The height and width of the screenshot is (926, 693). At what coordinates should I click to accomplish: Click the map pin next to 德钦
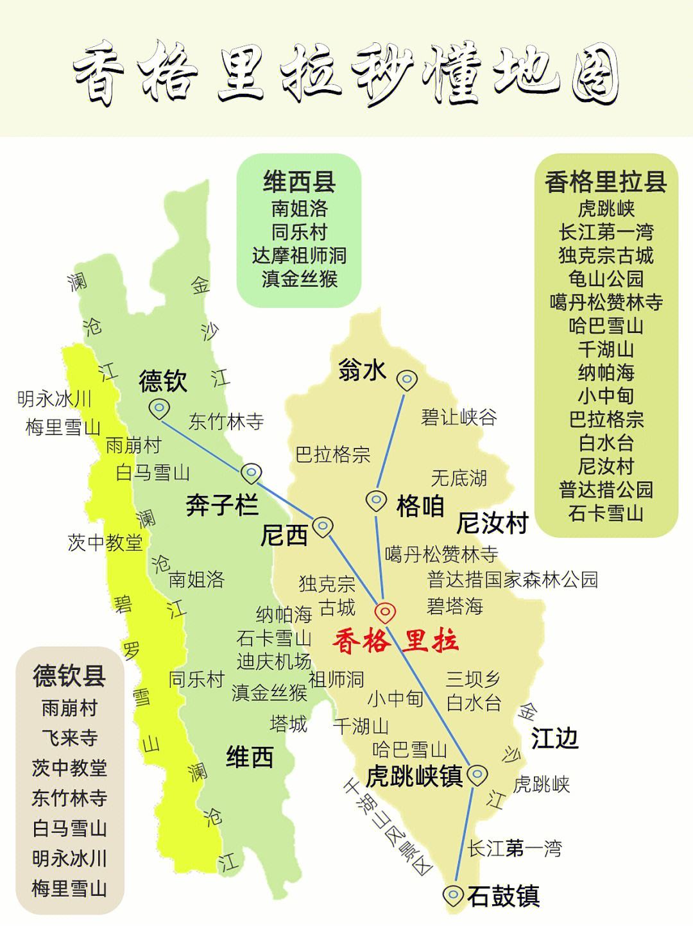[x=158, y=407]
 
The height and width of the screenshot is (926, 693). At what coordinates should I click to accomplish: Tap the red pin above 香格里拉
[x=384, y=612]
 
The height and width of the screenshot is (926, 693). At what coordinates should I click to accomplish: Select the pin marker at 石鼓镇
[x=454, y=894]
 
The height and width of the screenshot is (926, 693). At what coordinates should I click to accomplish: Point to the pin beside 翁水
[x=406, y=380]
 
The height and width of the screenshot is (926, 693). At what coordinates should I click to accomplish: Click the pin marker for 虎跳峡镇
[x=476, y=775]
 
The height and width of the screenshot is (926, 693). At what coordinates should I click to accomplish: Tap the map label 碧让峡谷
[x=459, y=417]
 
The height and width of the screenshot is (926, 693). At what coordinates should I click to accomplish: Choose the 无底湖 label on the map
[x=459, y=477]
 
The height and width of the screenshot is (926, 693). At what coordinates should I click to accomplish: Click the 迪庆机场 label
[x=274, y=662]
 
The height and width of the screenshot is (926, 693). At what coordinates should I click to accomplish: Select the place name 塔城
[x=289, y=724]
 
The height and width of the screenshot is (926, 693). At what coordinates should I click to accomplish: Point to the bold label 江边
[x=554, y=739]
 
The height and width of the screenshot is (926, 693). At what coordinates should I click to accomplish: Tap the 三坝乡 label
[x=473, y=679]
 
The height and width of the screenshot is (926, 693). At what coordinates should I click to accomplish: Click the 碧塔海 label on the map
[x=455, y=606]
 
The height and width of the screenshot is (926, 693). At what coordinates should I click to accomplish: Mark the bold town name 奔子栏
[x=222, y=505]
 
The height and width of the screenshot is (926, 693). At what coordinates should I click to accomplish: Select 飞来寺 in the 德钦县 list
[x=69, y=738]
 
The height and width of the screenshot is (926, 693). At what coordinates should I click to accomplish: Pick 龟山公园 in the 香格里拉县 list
[x=606, y=279]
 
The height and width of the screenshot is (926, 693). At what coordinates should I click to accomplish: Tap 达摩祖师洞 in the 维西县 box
[x=299, y=255]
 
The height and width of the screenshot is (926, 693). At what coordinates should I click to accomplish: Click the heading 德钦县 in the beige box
[x=69, y=676]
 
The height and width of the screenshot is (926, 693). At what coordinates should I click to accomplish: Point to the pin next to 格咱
[x=376, y=499]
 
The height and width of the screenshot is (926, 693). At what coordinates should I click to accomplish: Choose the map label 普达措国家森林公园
[x=512, y=579]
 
